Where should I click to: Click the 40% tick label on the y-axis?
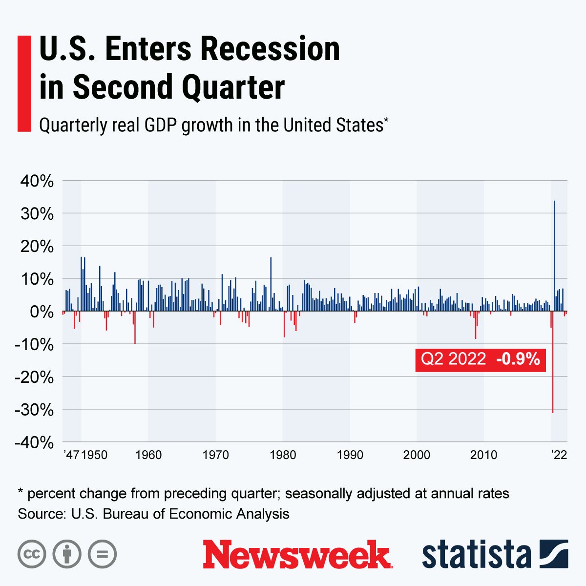tap(36, 182)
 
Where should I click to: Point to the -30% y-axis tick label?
tap(34, 410)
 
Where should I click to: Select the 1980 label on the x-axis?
tap(282, 455)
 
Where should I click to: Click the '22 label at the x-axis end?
tap(559, 455)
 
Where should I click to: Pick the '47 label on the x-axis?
tap(71, 455)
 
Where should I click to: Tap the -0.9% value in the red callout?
tap(518, 359)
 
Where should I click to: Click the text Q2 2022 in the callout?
tap(453, 359)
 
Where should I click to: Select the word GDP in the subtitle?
tap(162, 125)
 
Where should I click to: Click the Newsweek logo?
tap(297, 554)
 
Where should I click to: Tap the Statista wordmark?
tap(476, 555)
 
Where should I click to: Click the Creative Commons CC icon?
tap(32, 554)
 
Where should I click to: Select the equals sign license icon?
tap(102, 554)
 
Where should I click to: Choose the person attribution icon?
tap(67, 554)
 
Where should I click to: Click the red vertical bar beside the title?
tap(24, 83)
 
